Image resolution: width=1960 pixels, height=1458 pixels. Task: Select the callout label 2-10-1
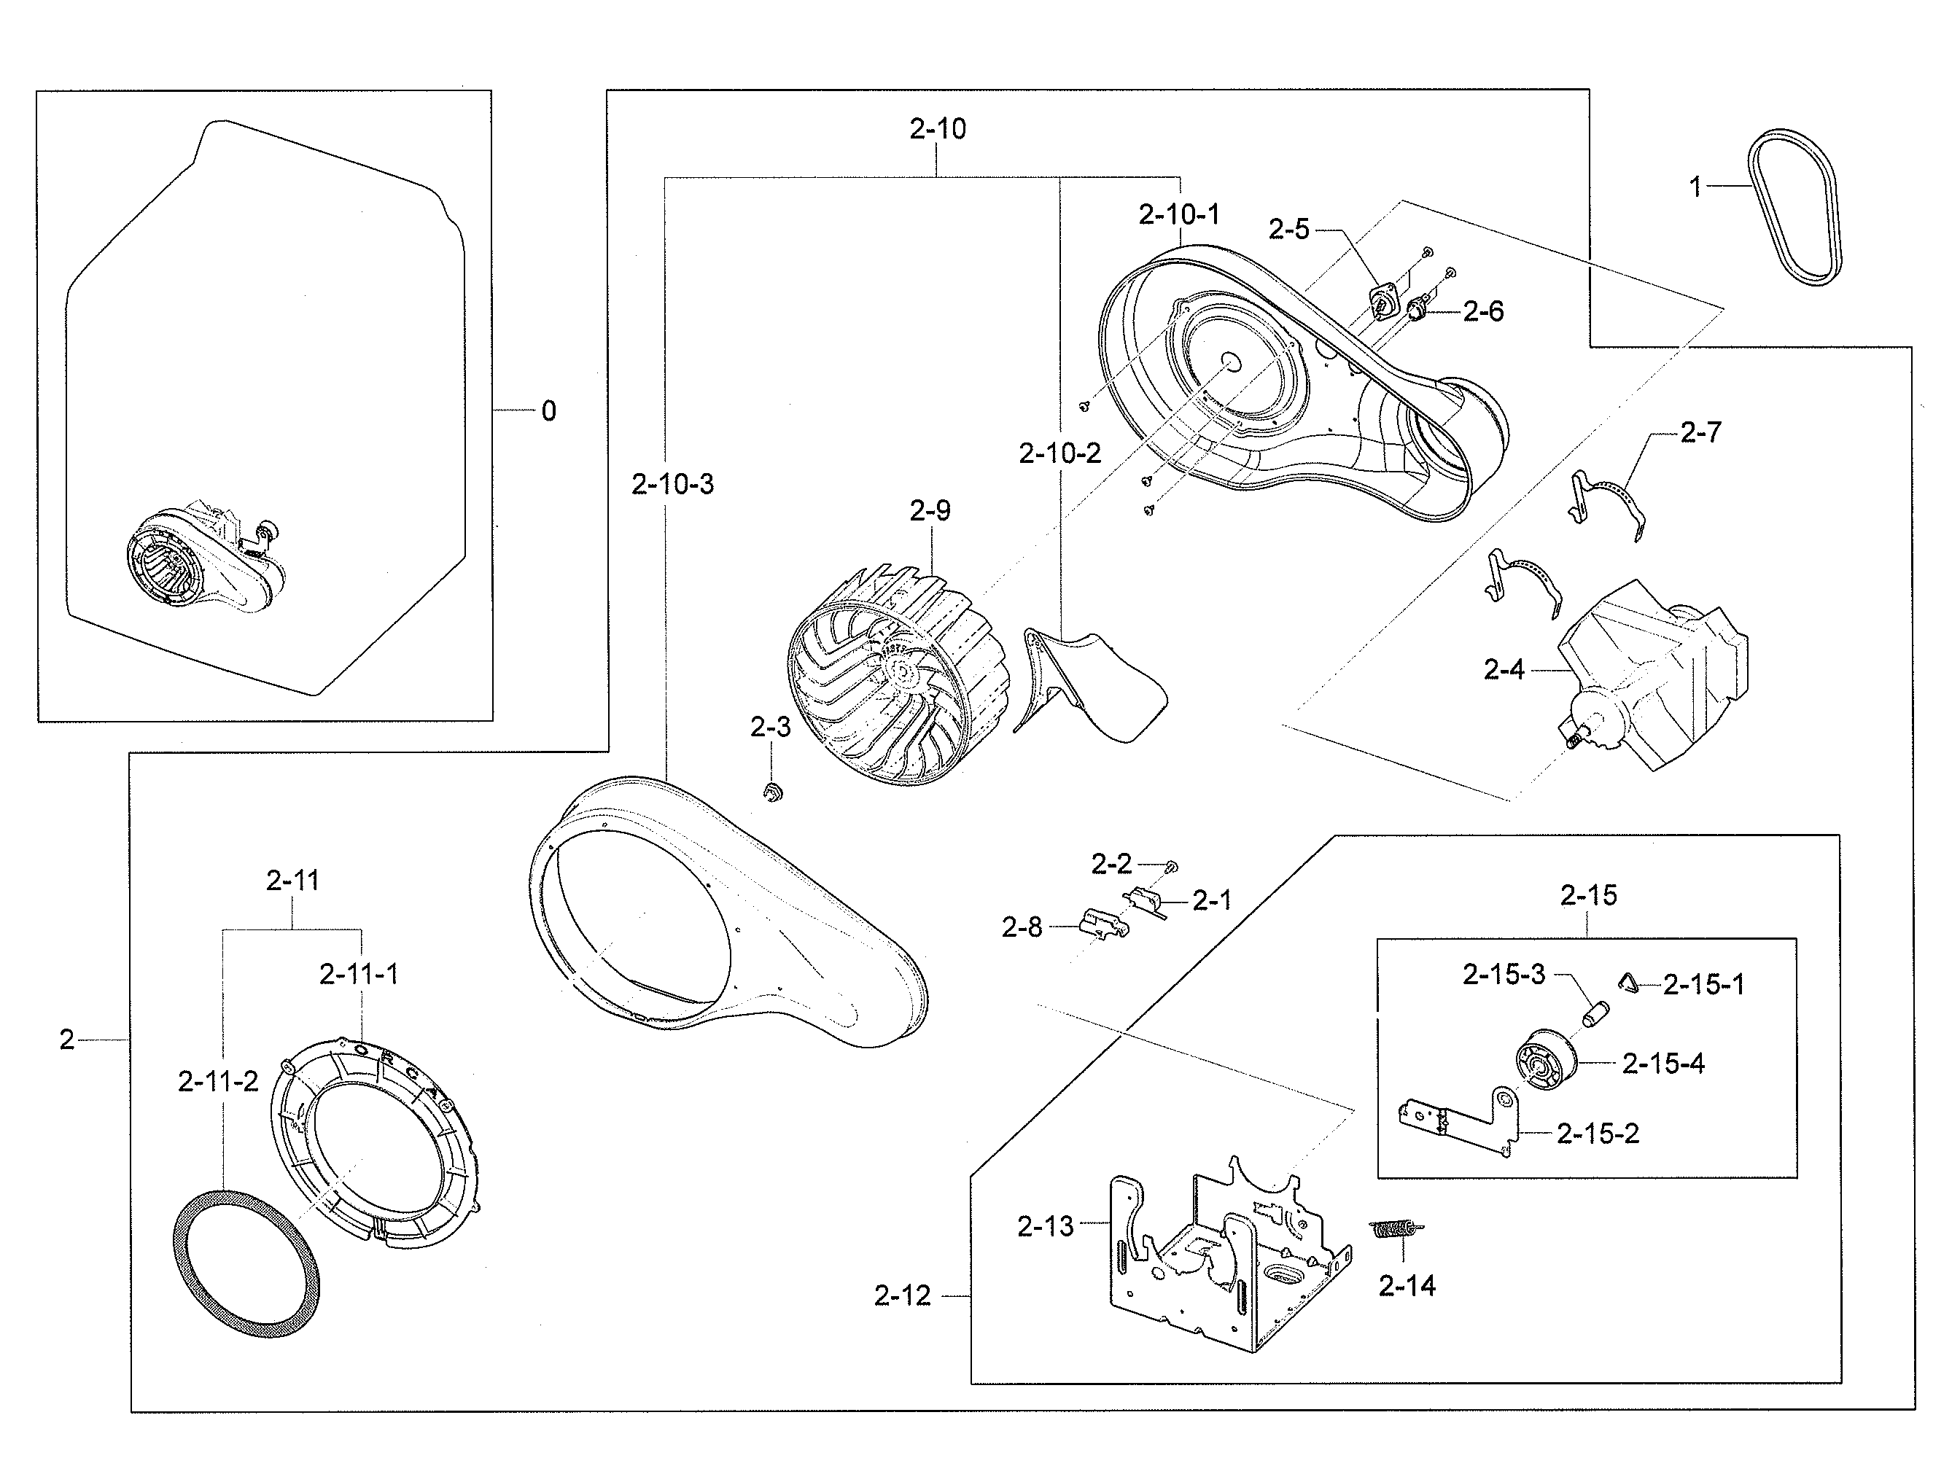coord(1178,214)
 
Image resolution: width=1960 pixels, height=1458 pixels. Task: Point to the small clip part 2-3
coord(774,792)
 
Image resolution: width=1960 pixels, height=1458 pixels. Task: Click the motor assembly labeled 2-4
coord(1651,675)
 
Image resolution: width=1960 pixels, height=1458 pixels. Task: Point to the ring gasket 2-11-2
coord(246,1264)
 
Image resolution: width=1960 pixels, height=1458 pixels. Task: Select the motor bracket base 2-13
coord(1227,1262)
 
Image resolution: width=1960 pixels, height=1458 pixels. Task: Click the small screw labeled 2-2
coord(1172,867)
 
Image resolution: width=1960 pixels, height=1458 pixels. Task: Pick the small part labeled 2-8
coord(1102,924)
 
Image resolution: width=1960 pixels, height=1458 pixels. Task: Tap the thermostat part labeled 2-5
coord(1382,303)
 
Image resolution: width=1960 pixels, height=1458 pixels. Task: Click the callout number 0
coord(548,411)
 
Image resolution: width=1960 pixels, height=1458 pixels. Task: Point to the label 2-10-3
coord(673,485)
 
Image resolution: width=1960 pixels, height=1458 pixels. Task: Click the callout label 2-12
coord(902,1295)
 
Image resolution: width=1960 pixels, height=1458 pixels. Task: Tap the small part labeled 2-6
coord(1419,311)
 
